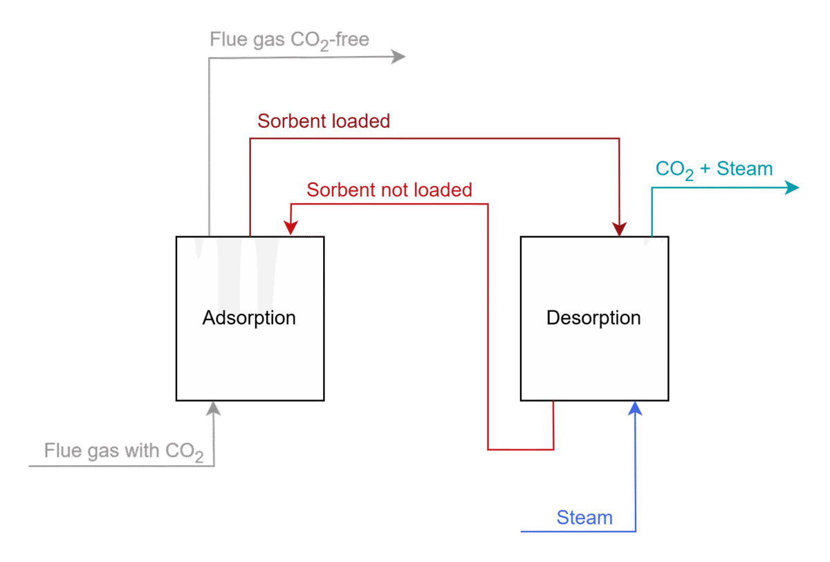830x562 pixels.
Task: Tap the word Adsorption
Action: (249, 318)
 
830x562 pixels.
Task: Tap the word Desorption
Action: (593, 318)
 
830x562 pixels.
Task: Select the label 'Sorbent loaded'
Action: (324, 121)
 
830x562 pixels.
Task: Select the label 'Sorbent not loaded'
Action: (389, 189)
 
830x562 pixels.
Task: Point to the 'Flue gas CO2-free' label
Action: (289, 39)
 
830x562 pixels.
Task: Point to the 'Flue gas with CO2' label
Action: (123, 451)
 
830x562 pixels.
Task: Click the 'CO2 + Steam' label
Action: (714, 169)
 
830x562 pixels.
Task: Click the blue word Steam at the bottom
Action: (584, 518)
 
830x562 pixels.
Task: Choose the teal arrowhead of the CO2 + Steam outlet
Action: (791, 187)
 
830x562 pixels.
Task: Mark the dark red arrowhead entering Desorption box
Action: (620, 229)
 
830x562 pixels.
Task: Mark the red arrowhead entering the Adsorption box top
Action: (291, 229)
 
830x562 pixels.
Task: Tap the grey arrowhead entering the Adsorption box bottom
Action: (214, 409)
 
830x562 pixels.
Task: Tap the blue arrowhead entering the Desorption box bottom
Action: (635, 409)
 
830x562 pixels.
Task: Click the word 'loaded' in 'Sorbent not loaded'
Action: (443, 189)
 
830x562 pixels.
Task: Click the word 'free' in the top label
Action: (351, 39)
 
